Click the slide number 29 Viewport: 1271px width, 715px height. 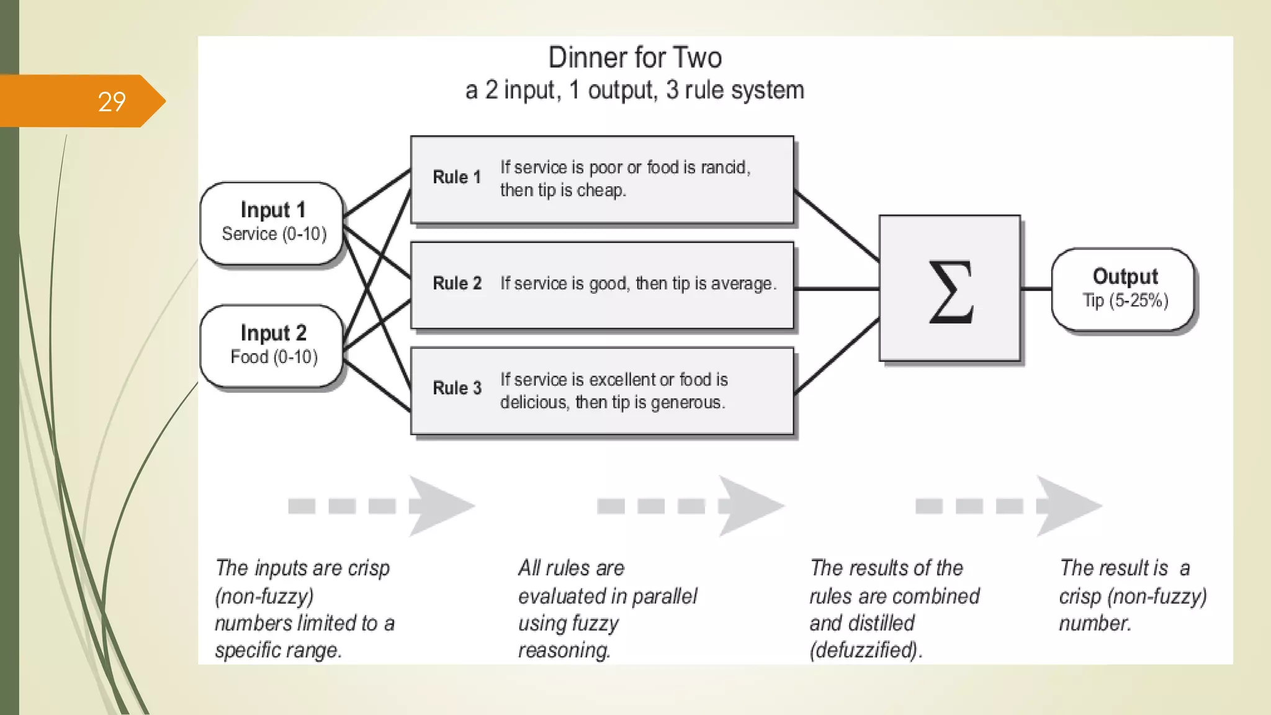(112, 102)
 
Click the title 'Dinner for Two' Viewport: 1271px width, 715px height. (635, 58)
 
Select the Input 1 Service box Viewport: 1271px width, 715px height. (272, 223)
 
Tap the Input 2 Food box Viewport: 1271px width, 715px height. (272, 345)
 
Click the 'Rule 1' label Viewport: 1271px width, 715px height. (457, 178)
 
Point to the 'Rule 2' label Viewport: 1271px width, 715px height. (457, 284)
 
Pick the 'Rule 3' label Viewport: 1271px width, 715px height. (457, 389)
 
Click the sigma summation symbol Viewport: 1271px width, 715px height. (950, 291)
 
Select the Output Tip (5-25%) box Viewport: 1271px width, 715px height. (1124, 289)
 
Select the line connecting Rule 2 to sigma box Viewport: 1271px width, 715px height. (836, 289)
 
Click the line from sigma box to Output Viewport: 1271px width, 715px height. (1036, 289)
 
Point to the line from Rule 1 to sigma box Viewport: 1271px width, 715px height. (836, 226)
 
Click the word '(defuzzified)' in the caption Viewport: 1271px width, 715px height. (864, 650)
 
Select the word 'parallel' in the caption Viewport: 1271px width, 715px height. (664, 596)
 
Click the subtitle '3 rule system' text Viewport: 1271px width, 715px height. (735, 91)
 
